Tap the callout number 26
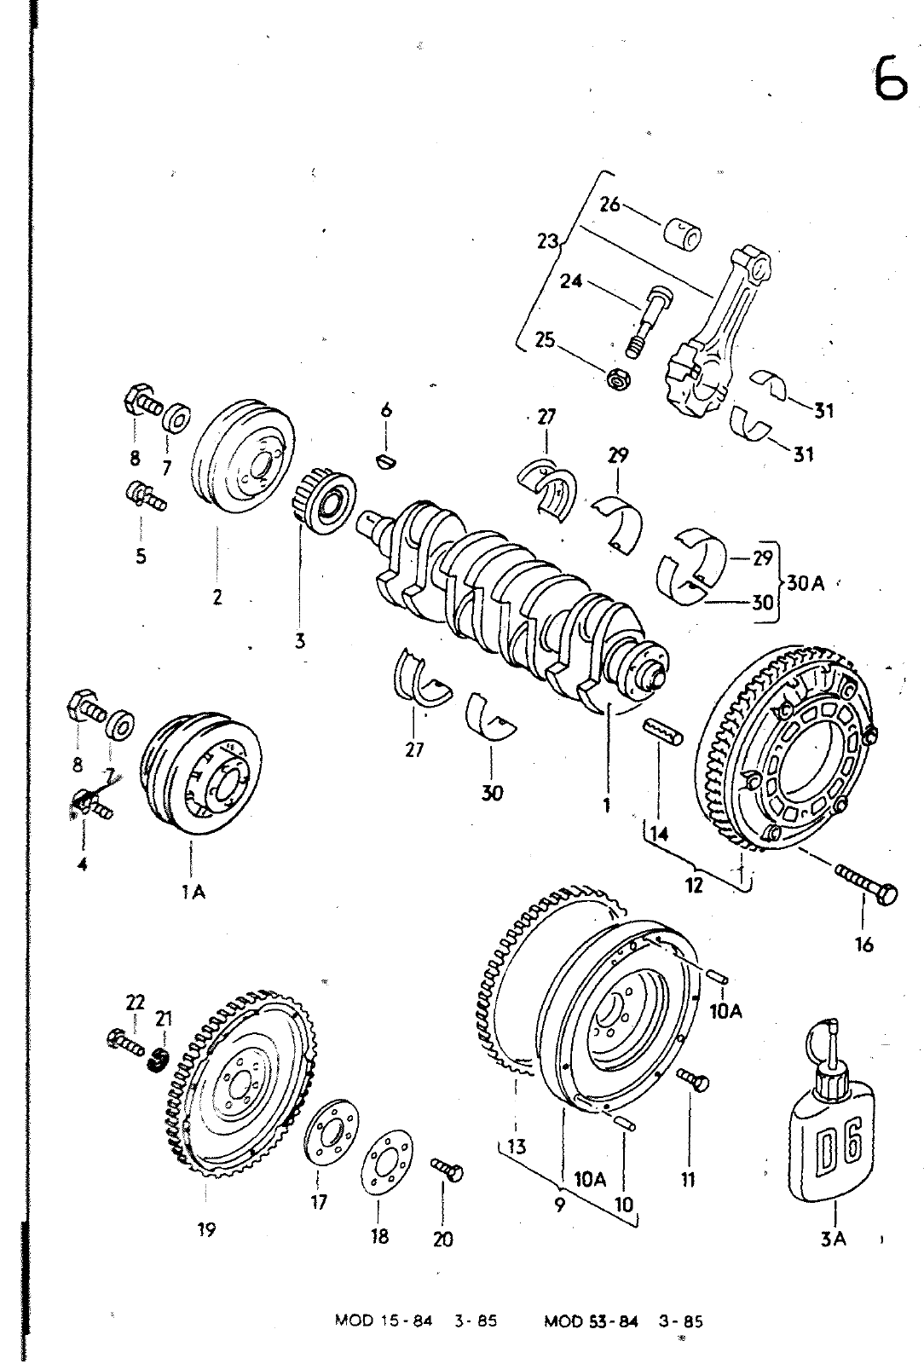[609, 205]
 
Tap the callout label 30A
[806, 583]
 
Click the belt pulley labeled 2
[243, 457]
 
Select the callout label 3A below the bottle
[833, 1238]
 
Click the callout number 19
[206, 1229]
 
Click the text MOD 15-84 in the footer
[384, 1321]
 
